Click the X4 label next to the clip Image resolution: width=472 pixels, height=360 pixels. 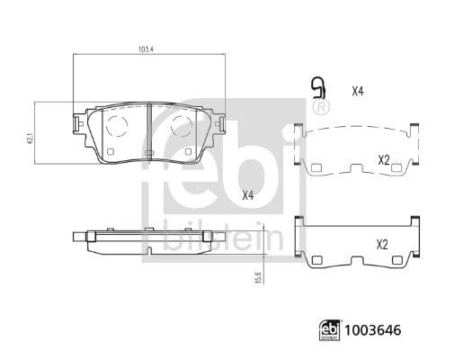(357, 90)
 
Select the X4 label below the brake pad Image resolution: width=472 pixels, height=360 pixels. (247, 194)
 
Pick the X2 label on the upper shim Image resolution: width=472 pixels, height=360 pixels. (383, 159)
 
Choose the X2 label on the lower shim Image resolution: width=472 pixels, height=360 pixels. (382, 244)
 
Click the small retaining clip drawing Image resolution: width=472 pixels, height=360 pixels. (316, 88)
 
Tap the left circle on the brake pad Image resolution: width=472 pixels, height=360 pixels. (116, 127)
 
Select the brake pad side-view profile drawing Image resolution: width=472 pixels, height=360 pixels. (147, 238)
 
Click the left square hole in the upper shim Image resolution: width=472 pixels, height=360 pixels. (316, 167)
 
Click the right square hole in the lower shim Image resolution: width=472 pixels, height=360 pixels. (400, 261)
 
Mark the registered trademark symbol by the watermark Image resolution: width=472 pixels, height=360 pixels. (322, 110)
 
